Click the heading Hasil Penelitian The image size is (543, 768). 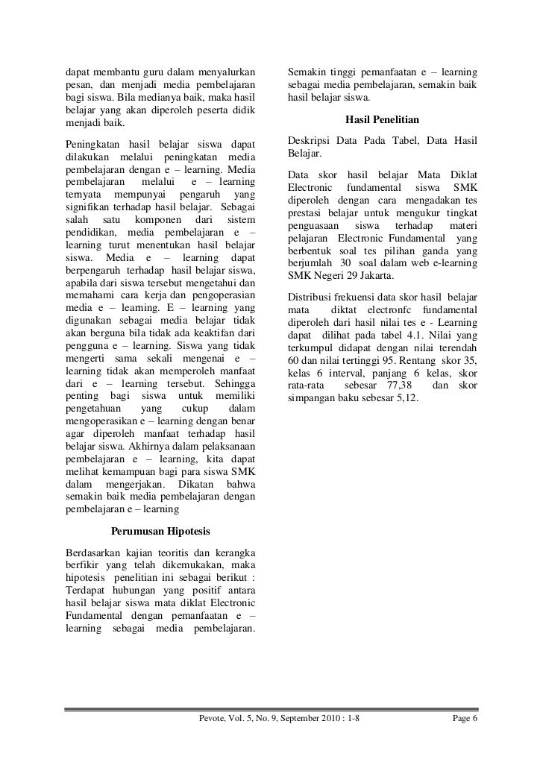pyautogui.click(x=383, y=119)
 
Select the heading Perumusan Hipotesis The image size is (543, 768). pyautogui.click(x=160, y=532)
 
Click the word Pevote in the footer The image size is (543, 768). pyautogui.click(x=213, y=719)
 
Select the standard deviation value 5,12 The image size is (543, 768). pyautogui.click(x=409, y=400)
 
